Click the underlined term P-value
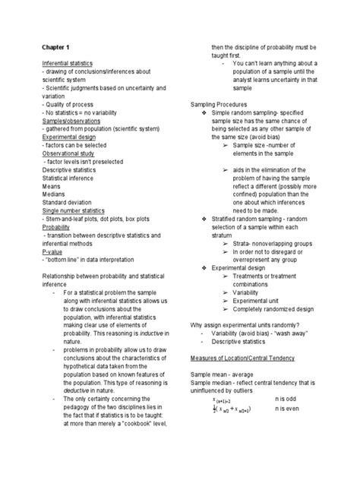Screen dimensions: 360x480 (52, 250)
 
